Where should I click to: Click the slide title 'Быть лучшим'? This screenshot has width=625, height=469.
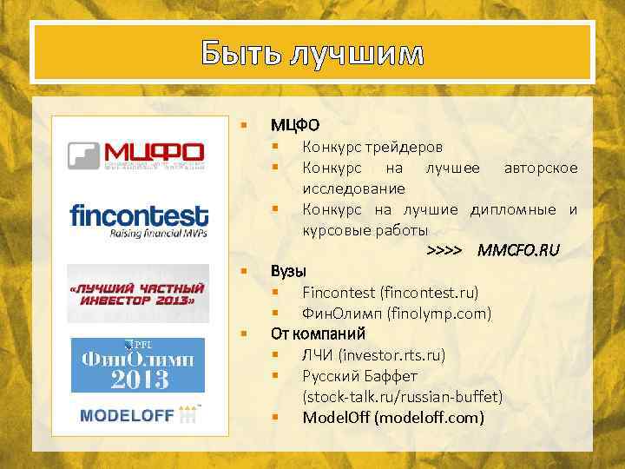pyautogui.click(x=312, y=53)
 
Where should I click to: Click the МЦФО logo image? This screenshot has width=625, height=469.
pyautogui.click(x=137, y=155)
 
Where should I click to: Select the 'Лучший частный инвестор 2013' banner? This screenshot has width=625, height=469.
pyautogui.click(x=138, y=294)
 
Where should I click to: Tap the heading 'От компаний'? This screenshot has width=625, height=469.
pyautogui.click(x=318, y=334)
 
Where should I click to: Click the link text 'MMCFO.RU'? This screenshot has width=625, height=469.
pyautogui.click(x=519, y=251)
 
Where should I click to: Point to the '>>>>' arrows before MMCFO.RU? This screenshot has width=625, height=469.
pyautogui.click(x=444, y=251)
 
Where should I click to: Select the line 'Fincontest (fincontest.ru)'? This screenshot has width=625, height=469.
pyautogui.click(x=390, y=292)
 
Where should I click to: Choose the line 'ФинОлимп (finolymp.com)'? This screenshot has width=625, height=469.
pyautogui.click(x=396, y=313)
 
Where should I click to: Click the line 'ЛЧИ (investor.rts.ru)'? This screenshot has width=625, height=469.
pyautogui.click(x=373, y=355)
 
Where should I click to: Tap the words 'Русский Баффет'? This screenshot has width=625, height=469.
pyautogui.click(x=359, y=376)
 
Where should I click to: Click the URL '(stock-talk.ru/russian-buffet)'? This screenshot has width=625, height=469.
pyautogui.click(x=402, y=397)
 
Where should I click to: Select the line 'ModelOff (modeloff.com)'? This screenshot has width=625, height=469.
pyautogui.click(x=393, y=418)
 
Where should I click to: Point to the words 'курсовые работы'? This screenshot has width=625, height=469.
pyautogui.click(x=365, y=230)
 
